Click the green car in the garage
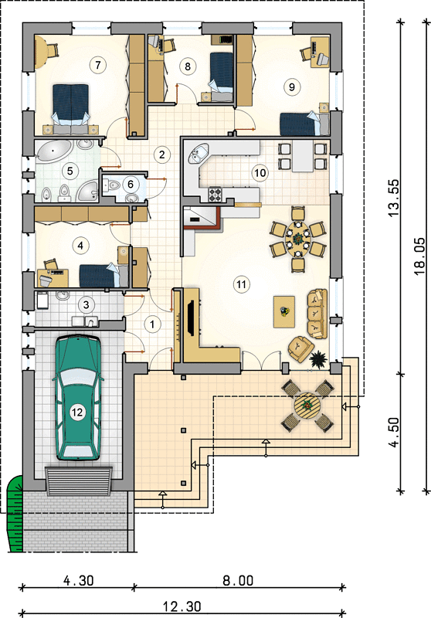click(x=77, y=398)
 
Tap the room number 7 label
click(x=97, y=64)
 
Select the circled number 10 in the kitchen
click(x=260, y=172)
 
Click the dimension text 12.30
click(x=182, y=606)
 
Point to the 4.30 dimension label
click(x=79, y=581)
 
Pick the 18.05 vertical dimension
click(x=420, y=256)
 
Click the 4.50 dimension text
click(x=394, y=433)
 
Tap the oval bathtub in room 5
click(x=54, y=152)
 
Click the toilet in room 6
click(x=113, y=185)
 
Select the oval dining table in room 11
click(x=298, y=239)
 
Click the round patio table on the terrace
click(x=307, y=406)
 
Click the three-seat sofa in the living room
click(x=317, y=314)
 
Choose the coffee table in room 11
click(x=284, y=312)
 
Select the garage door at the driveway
click(x=79, y=480)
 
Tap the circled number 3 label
click(x=86, y=304)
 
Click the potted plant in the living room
click(x=318, y=359)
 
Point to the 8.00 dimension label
click(x=238, y=581)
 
